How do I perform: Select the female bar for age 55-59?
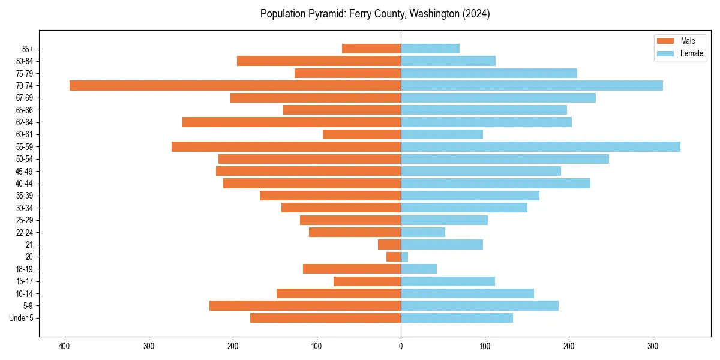[x=540, y=146]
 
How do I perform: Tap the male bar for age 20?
[x=394, y=257]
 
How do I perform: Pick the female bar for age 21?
[x=442, y=244]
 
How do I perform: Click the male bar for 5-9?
[x=305, y=305]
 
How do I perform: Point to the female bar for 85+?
[x=430, y=49]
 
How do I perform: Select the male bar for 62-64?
[x=292, y=122]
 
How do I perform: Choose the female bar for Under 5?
[x=457, y=318]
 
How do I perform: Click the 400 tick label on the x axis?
[x=64, y=346]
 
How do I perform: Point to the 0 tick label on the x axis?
[x=401, y=346]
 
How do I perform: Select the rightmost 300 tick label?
[x=653, y=346]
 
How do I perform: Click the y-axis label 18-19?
[x=25, y=269]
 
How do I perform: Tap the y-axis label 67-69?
[x=25, y=98]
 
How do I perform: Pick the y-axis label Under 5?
[x=21, y=318]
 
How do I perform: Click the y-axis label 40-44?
[x=25, y=183]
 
